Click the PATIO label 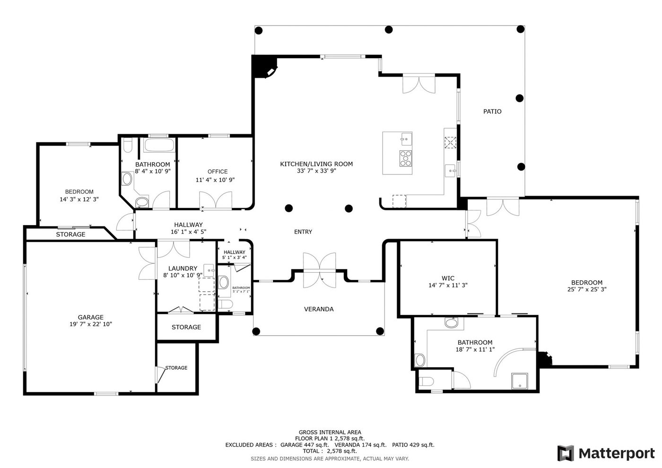pyautogui.click(x=492, y=112)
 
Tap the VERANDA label pyautogui.click(x=319, y=309)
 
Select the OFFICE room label pyautogui.click(x=218, y=171)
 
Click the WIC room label pyautogui.click(x=448, y=278)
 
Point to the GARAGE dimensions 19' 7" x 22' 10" pyautogui.click(x=91, y=324)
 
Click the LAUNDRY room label pyautogui.click(x=183, y=269)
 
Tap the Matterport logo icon pyautogui.click(x=566, y=453)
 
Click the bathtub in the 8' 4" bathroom pyautogui.click(x=159, y=145)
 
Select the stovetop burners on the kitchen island pyautogui.click(x=406, y=158)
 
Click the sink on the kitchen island pyautogui.click(x=406, y=139)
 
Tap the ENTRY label pyautogui.click(x=303, y=232)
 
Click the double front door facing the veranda pyautogui.click(x=320, y=270)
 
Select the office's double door pyautogui.click(x=216, y=200)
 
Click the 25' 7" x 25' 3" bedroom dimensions pyautogui.click(x=587, y=289)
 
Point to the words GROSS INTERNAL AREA pyautogui.click(x=330, y=432)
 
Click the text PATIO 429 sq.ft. pyautogui.click(x=413, y=445)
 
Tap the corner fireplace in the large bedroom pyautogui.click(x=545, y=359)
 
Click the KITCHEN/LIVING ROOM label pyautogui.click(x=316, y=164)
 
